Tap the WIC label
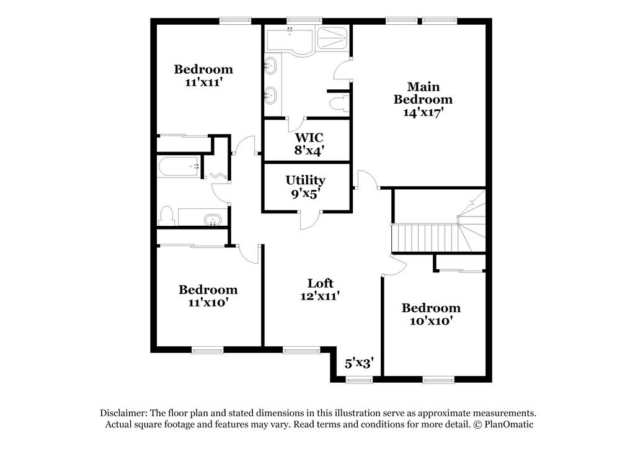(308, 136)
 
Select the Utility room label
(305, 180)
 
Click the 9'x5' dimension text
(305, 194)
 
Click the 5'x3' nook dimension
(358, 364)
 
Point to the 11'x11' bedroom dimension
(203, 82)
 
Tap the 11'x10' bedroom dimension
(208, 303)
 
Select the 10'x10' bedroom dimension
(431, 321)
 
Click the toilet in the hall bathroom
(166, 217)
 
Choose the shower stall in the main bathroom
(333, 38)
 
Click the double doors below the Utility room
(309, 219)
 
